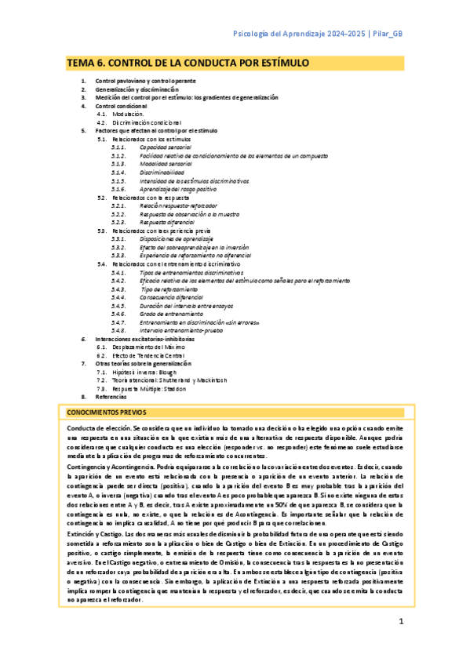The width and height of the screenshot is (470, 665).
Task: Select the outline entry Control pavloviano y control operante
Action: click(x=145, y=81)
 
